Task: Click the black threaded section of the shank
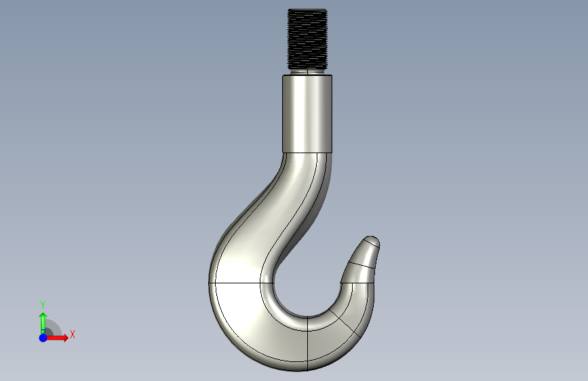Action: pyautogui.click(x=307, y=39)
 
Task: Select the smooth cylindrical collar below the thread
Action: pyautogui.click(x=307, y=114)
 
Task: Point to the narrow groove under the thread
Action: pyautogui.click(x=307, y=72)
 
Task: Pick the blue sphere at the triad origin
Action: pyautogui.click(x=43, y=338)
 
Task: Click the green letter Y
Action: pyautogui.click(x=43, y=304)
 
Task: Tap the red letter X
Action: pyautogui.click(x=73, y=334)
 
